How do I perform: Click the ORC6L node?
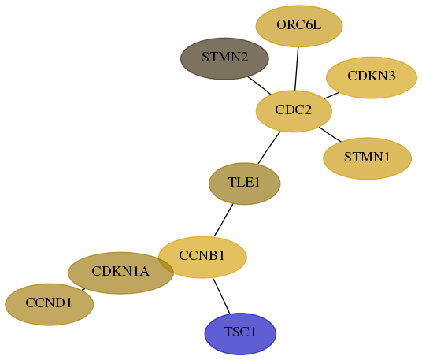(299, 26)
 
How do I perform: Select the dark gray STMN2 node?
(224, 59)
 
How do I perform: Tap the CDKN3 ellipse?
(372, 77)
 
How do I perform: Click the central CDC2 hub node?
(294, 111)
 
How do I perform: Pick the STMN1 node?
(368, 158)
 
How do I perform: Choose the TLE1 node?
(245, 184)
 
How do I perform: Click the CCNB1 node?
(202, 257)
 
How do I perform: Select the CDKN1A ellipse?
(120, 273)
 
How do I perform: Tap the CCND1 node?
(50, 305)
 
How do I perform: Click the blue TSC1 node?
(240, 334)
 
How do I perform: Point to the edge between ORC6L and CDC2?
(297, 69)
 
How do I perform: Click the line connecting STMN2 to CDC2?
(260, 86)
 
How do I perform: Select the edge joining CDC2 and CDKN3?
(331, 95)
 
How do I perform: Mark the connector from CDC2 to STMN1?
(330, 134)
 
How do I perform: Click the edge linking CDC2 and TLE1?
(269, 147)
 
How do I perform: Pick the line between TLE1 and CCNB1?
(224, 221)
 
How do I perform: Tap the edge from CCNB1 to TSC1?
(221, 296)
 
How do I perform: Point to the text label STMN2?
(224, 58)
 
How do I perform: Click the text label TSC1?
(240, 332)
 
